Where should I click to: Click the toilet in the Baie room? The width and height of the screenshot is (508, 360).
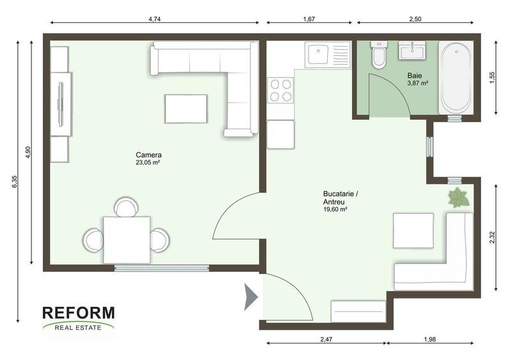[x=378, y=56]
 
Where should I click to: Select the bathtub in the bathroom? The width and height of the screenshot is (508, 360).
[x=456, y=77]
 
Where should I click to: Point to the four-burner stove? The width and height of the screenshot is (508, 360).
[x=280, y=90]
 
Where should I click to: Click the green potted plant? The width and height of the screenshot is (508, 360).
[x=458, y=198]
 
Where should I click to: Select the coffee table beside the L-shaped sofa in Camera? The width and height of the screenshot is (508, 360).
[x=186, y=108]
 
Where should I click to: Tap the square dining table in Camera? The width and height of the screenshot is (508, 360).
[x=127, y=239]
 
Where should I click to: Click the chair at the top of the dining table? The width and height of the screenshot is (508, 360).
[x=125, y=208]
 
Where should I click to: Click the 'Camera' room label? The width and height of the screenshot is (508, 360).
[x=148, y=155]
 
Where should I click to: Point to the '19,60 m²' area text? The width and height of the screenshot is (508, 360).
[x=335, y=209]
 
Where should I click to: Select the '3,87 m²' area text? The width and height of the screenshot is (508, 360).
[x=418, y=83]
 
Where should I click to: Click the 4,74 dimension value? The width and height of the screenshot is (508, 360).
[x=154, y=20]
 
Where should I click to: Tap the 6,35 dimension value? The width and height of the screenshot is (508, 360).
[x=14, y=182]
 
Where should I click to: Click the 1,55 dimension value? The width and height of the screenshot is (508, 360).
[x=491, y=76]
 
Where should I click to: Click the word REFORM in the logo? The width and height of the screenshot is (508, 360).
[x=79, y=313]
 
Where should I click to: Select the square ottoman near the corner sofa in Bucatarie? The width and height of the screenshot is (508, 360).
[x=413, y=230]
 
